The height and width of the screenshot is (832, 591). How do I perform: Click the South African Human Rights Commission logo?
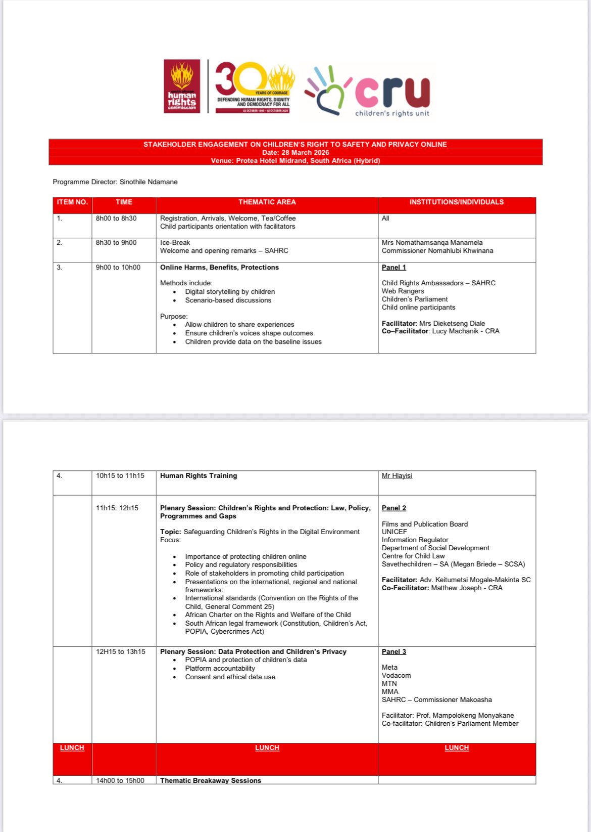(182, 86)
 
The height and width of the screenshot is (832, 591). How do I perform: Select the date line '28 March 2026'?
(295, 152)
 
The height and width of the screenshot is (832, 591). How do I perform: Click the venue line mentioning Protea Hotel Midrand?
(295, 160)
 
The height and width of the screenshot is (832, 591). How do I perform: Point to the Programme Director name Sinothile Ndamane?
(149, 182)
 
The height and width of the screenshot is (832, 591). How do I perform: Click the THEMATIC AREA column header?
(267, 202)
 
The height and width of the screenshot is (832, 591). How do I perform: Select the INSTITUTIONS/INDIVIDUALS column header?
(456, 202)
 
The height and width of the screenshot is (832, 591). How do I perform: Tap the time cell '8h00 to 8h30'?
(116, 218)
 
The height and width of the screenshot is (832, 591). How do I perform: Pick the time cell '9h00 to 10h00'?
(118, 268)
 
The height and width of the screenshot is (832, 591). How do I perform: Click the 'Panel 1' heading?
(394, 268)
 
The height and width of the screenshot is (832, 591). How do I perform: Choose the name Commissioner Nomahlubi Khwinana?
(437, 251)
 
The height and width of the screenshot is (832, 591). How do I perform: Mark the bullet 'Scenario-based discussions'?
(228, 300)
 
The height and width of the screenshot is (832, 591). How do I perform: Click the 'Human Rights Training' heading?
(199, 476)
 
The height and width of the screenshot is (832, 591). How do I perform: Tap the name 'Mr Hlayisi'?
(397, 476)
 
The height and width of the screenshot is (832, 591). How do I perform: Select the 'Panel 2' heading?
(394, 508)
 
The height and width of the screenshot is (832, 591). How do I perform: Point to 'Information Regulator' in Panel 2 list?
(415, 540)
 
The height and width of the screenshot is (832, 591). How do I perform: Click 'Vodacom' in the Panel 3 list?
(396, 676)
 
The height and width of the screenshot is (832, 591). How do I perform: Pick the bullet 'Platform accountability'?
(220, 669)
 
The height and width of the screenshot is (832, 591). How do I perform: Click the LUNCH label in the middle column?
(267, 748)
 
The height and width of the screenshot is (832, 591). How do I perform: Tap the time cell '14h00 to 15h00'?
(120, 780)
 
